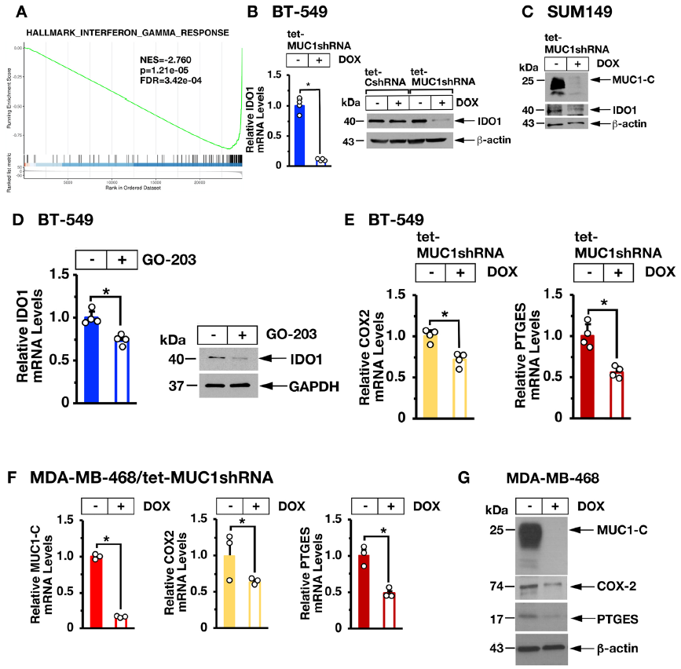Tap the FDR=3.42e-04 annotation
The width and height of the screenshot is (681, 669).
(167, 80)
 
